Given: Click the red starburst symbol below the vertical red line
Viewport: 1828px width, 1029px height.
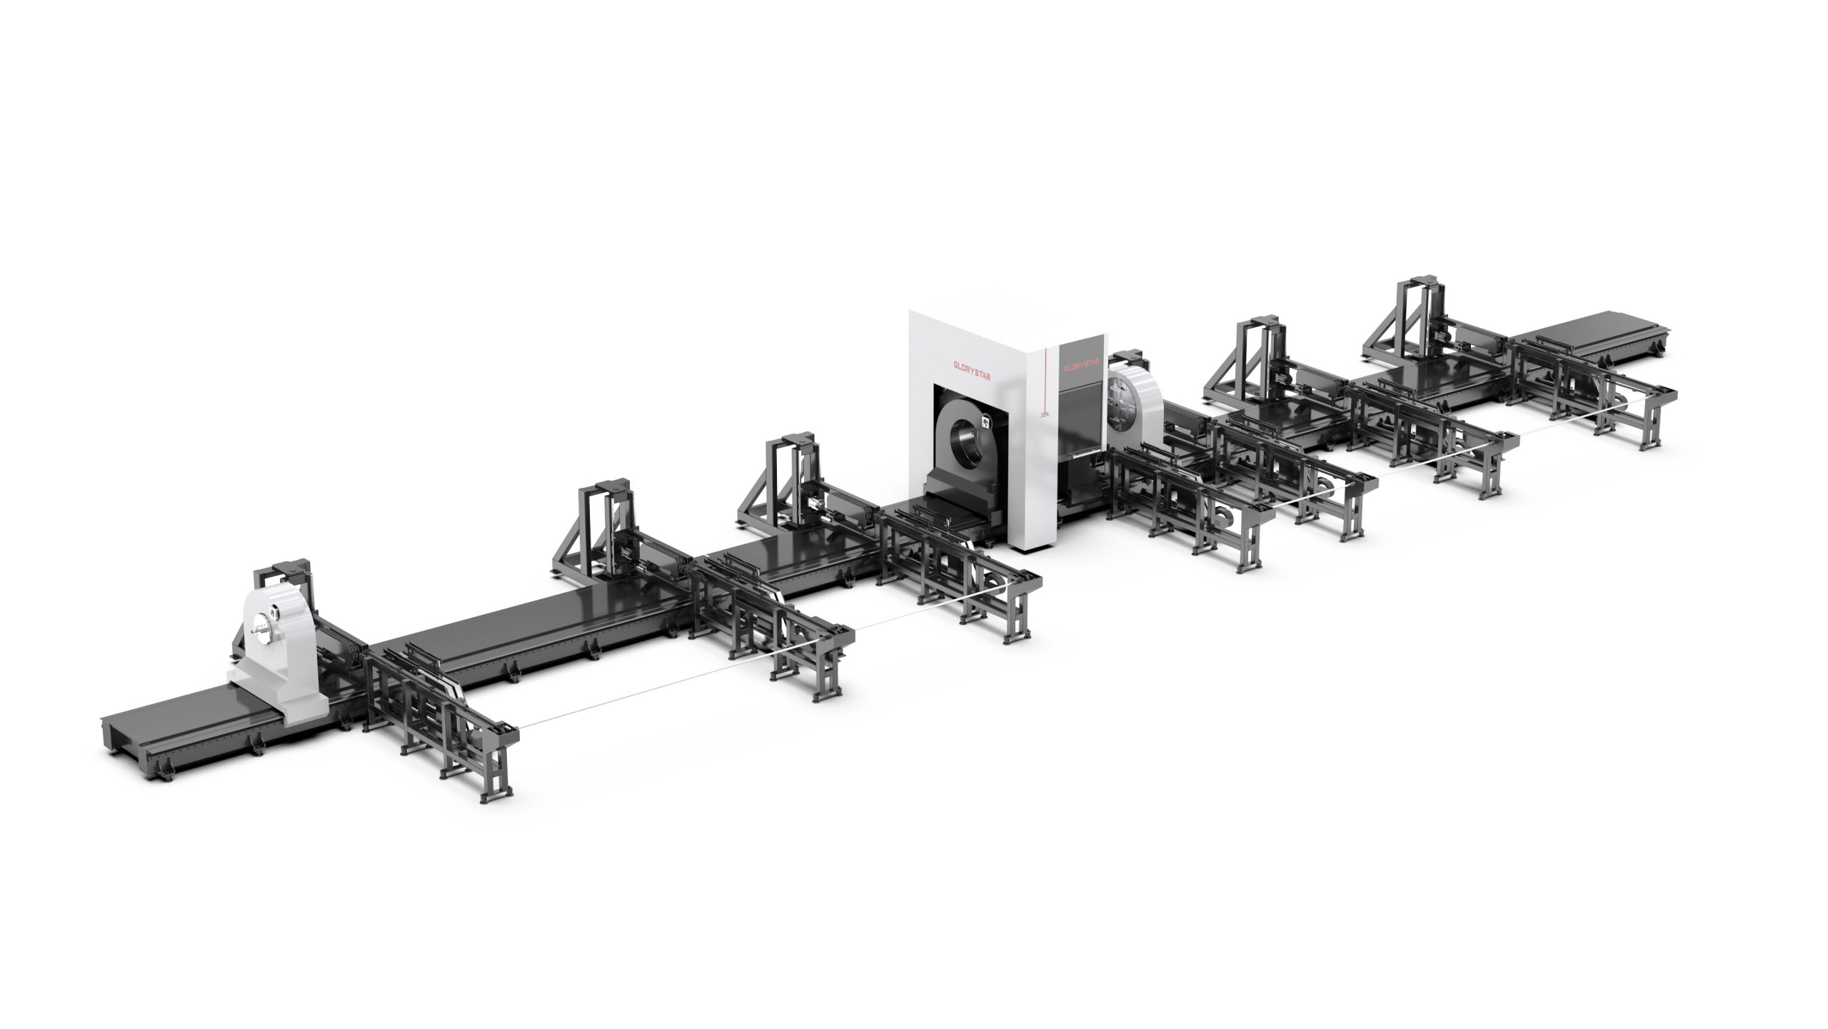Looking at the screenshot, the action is [x=1044, y=413].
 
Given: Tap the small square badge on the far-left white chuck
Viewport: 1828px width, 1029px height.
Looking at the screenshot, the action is [x=273, y=611].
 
